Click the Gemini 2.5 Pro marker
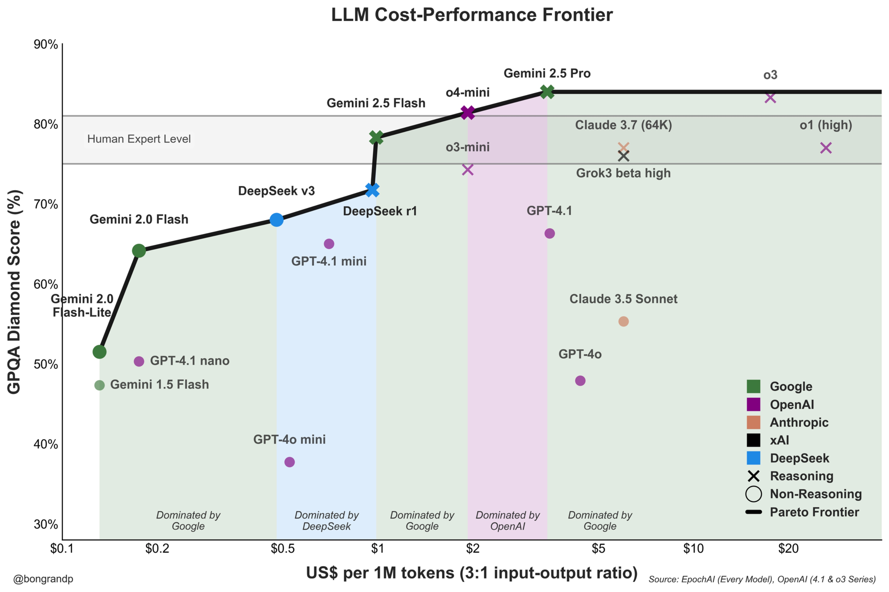tap(547, 92)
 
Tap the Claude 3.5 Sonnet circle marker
tap(623, 321)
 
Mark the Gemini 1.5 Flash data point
tap(99, 385)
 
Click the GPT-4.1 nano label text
tap(189, 361)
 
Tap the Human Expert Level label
tap(139, 139)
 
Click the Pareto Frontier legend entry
tap(814, 512)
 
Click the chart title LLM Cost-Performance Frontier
tap(472, 15)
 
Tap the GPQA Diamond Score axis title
tap(14, 291)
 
